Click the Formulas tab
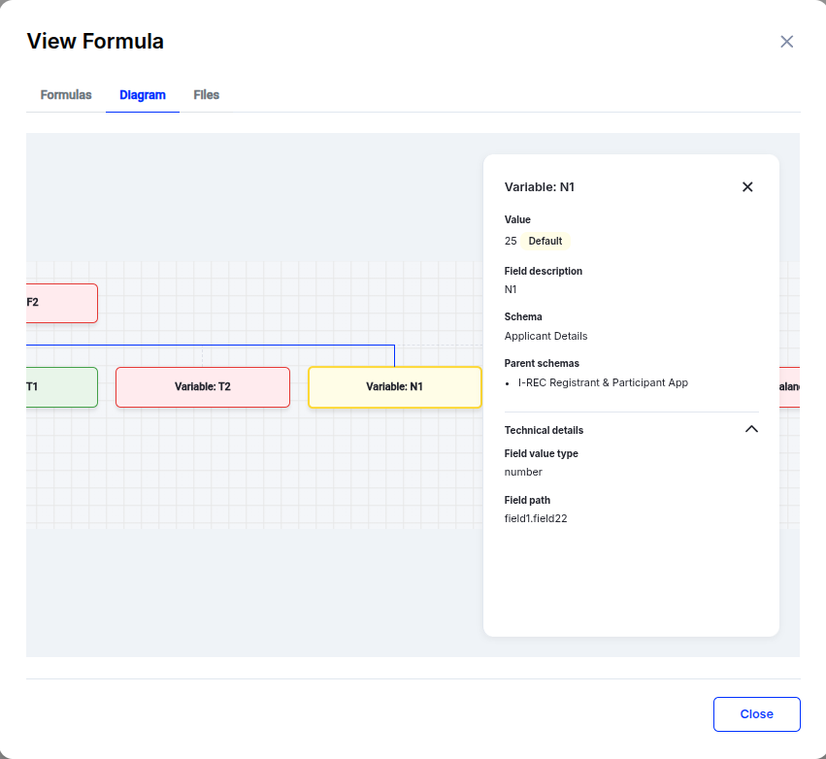click(x=66, y=95)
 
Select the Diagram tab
click(x=143, y=95)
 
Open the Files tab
click(x=206, y=95)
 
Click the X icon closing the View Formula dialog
click(x=787, y=42)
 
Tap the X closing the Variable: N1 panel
click(x=747, y=187)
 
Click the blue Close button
click(x=756, y=714)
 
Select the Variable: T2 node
click(x=203, y=387)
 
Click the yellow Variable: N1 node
click(x=394, y=387)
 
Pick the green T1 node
click(x=61, y=387)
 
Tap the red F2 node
click(x=61, y=303)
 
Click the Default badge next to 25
click(x=545, y=241)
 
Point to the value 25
click(x=511, y=241)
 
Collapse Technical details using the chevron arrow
click(x=751, y=429)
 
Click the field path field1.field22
click(x=536, y=518)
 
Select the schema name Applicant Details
click(x=545, y=336)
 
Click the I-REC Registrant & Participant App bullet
click(x=603, y=382)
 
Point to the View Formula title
click(x=95, y=42)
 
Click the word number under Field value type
click(x=523, y=472)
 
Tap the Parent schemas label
click(x=542, y=363)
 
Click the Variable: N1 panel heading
click(x=540, y=187)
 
